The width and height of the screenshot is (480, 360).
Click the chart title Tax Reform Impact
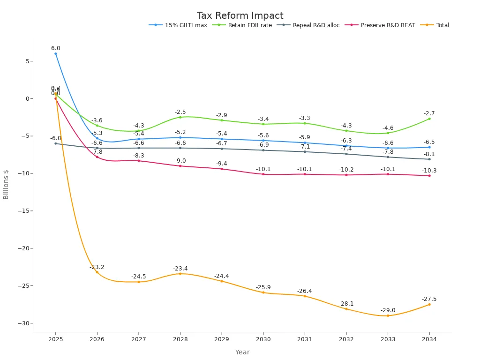click(x=240, y=15)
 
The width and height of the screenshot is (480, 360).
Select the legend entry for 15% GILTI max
click(x=186, y=25)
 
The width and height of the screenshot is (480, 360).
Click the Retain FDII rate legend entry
click(x=249, y=25)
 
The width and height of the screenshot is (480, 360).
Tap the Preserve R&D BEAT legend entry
click(x=387, y=25)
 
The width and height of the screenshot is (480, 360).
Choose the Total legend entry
click(x=442, y=25)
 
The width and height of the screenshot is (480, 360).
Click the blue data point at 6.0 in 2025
click(x=55, y=53)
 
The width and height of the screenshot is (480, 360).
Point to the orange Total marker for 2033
click(x=388, y=315)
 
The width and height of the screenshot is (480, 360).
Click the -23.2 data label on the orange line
click(x=97, y=267)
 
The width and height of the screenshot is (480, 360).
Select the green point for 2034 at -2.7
click(x=429, y=119)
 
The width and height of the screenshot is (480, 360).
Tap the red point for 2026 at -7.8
click(x=97, y=157)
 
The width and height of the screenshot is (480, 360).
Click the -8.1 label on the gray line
click(x=429, y=154)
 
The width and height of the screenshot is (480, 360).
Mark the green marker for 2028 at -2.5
click(x=180, y=117)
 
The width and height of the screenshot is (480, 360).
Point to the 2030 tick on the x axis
click(x=263, y=339)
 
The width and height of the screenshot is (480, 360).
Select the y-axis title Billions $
click(x=6, y=184)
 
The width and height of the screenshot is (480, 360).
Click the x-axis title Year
click(x=242, y=352)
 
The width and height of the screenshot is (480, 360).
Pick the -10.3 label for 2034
click(x=429, y=171)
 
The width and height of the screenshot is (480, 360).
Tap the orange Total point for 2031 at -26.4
click(x=305, y=296)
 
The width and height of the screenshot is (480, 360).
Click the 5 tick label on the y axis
click(x=28, y=61)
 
